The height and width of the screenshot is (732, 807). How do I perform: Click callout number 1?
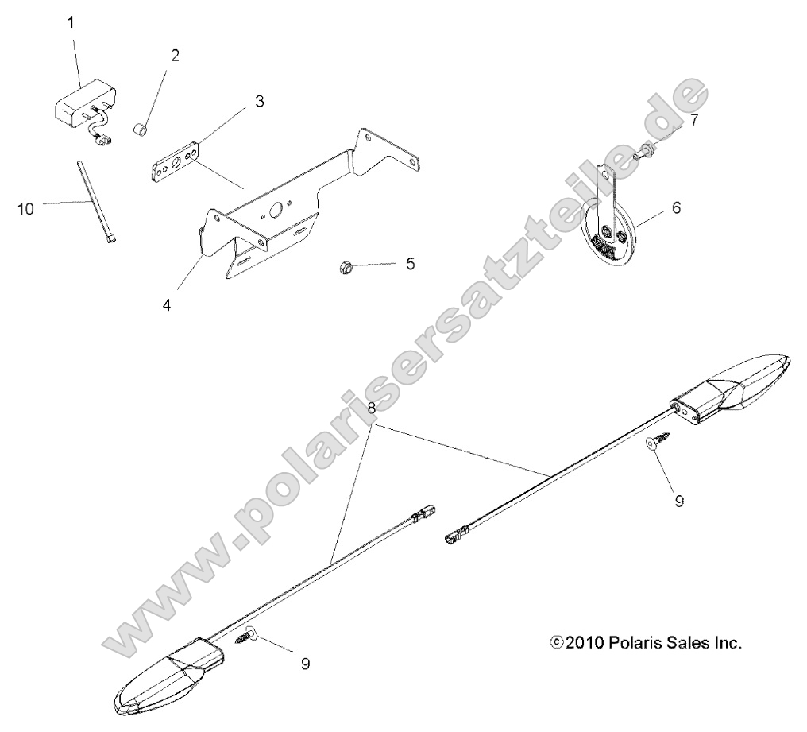(x=71, y=23)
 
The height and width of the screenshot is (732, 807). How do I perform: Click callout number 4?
(x=166, y=305)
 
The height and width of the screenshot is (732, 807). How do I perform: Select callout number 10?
(x=25, y=208)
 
